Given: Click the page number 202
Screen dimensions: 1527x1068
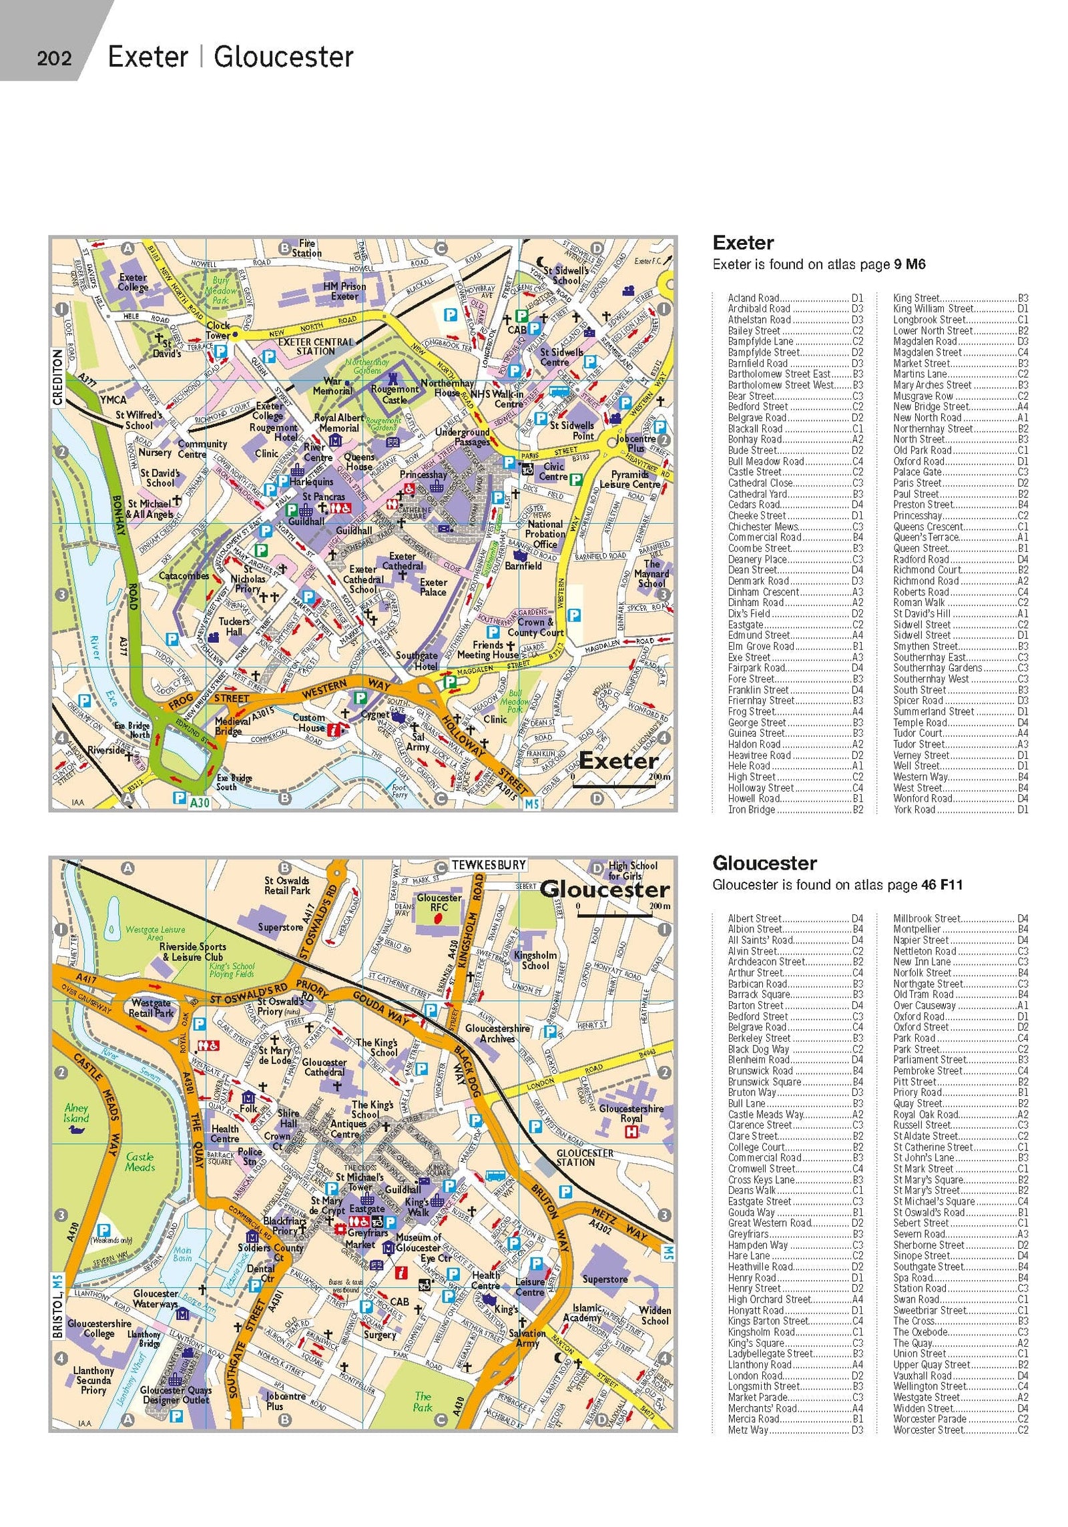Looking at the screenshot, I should pos(54,59).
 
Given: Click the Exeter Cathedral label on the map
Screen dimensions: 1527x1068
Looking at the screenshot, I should pos(403,561).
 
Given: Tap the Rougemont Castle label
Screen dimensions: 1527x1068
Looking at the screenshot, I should pos(394,394).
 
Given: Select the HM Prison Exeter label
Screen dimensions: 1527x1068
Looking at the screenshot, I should pos(344,291).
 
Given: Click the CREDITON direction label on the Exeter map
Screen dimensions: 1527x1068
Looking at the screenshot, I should pos(57,377).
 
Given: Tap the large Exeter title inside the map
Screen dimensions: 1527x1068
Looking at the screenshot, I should pos(618,761).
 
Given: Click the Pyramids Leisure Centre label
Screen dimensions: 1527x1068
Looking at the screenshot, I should pos(629,480).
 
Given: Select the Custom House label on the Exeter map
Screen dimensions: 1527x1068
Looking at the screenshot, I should pos(308,722).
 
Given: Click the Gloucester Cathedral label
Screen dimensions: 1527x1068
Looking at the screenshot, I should pos(324,1067).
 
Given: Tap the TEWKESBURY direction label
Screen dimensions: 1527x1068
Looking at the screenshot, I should pos(489,864).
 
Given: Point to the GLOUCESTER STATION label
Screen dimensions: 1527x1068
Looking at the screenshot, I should pos(584,1157).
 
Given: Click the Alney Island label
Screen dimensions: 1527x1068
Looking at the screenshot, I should pos(76,1113).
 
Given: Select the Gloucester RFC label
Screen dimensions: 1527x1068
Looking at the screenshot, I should pos(439,902).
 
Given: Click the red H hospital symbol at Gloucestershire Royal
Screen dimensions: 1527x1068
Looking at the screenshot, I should pos(629,1131).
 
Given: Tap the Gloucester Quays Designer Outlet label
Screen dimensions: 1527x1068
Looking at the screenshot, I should pos(176,1395).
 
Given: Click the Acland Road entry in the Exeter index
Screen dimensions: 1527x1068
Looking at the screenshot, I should pos(753,298).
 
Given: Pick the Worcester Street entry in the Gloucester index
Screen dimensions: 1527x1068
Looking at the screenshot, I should pos(928,1430).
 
